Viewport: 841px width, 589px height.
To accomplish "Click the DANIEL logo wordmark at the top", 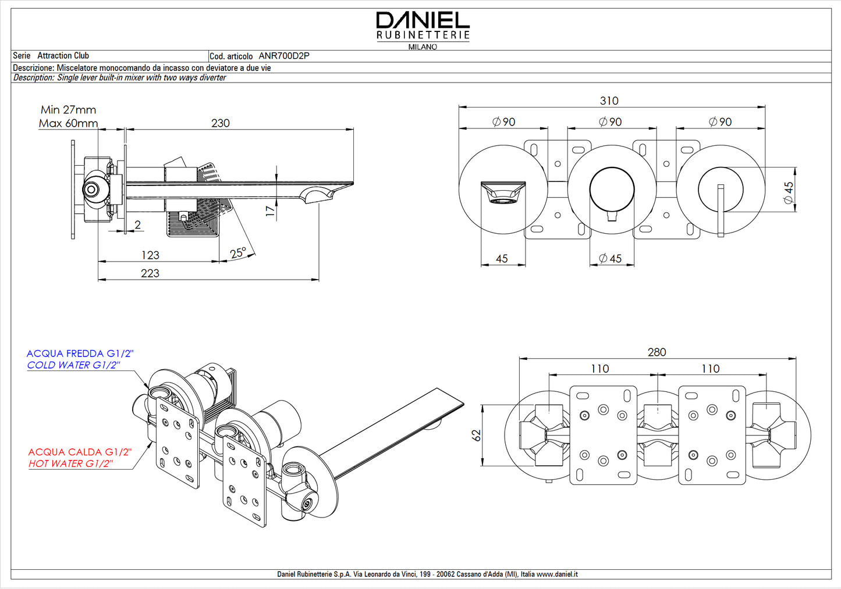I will pos(423,21).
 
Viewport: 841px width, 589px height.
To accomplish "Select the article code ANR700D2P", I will pos(283,56).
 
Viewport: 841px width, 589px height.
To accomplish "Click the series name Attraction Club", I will pos(63,56).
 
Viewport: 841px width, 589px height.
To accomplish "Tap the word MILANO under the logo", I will pos(423,47).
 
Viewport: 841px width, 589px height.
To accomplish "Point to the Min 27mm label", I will pos(68,110).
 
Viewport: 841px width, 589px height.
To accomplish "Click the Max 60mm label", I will pos(68,123).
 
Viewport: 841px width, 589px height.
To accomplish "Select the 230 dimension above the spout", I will pos(221,123).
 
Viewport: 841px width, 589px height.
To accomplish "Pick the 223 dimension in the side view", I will pos(150,273).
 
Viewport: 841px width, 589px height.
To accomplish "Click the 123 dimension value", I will pos(150,255).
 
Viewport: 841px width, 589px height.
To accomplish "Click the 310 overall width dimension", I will pos(609,101).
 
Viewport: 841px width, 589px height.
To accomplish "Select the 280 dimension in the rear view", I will pos(657,352).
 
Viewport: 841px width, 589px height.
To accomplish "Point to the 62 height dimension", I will pos(477,435).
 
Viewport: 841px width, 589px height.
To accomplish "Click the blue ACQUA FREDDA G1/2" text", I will pos(80,354).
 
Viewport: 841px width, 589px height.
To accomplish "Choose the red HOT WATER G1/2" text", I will pos(70,464).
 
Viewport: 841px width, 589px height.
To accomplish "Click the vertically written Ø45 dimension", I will pos(789,192).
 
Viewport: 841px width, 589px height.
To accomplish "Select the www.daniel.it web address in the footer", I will pos(557,574).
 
